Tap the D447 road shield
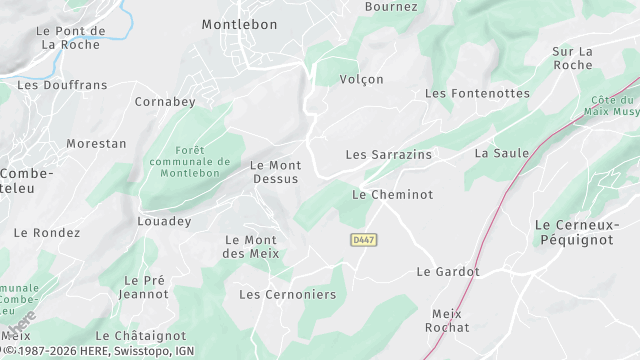pos(364,240)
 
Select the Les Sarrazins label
pos(389,155)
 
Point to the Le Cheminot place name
pos(393,195)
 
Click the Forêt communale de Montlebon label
pos(190,162)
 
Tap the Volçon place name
pos(362,79)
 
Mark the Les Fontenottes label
pos(478,93)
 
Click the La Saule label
pos(502,153)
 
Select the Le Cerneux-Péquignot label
pos(581,232)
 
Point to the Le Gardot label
pos(448,271)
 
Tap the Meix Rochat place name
pos(447,320)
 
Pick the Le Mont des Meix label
pos(250,246)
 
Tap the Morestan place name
pos(96,143)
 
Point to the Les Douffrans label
pos(62,85)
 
